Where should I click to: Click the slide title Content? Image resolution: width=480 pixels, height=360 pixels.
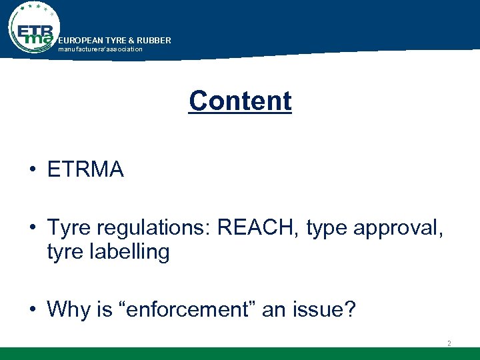coord(240,101)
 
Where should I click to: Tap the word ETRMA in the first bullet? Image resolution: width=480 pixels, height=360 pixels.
coord(85,170)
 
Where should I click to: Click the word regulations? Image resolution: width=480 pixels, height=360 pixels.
coord(142,229)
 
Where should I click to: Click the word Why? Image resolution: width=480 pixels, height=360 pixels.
coord(65,309)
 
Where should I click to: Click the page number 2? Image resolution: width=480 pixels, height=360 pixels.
coord(449,343)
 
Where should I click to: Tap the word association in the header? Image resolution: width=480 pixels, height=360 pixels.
coord(124,49)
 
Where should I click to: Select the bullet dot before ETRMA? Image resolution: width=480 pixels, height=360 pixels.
coord(32,171)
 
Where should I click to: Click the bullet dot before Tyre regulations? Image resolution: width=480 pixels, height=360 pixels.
coord(32,229)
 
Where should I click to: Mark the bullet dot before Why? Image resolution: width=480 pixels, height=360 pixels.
coord(32,310)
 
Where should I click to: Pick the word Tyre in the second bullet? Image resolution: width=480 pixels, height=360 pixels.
coord(69,229)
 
